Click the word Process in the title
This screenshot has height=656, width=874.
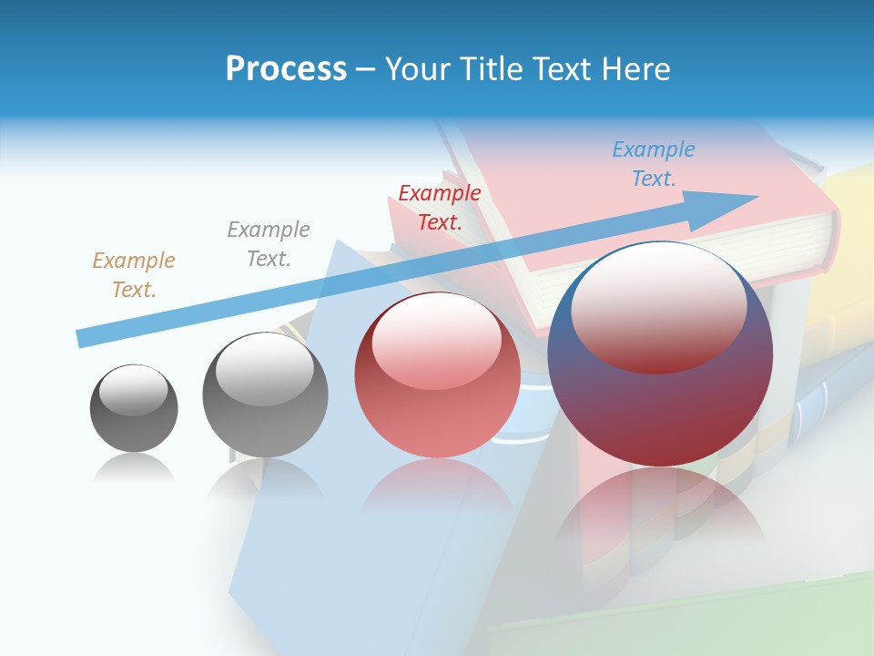[x=286, y=69]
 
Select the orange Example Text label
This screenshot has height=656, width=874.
[x=133, y=275]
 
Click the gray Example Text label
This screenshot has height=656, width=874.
[x=268, y=244]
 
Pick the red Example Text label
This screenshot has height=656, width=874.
[x=439, y=208]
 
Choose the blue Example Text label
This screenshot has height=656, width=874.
[x=653, y=164]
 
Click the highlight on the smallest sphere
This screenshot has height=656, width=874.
[x=133, y=390]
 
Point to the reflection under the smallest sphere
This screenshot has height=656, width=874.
[x=134, y=469]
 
